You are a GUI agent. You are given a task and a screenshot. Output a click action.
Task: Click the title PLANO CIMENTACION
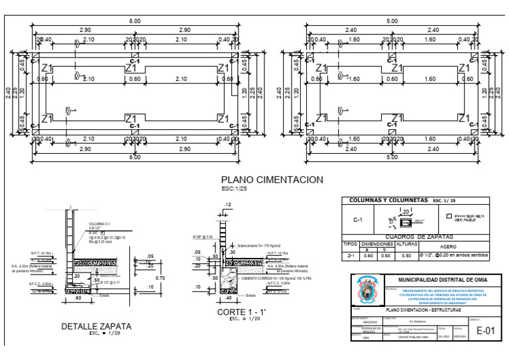(x=272, y=180)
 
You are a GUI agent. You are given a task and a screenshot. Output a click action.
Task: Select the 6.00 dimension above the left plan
(x=135, y=21)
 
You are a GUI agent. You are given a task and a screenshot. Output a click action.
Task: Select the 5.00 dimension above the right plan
(x=392, y=21)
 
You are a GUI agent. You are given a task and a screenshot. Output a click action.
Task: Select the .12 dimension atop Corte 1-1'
(x=228, y=204)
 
